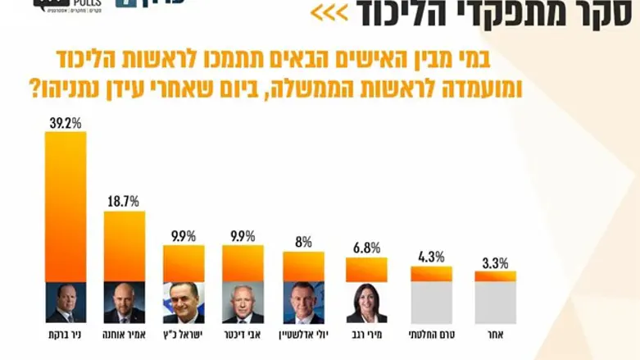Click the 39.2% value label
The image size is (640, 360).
66,122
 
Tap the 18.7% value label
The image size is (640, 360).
125,201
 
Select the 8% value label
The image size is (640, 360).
304,242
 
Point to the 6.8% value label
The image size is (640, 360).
365,248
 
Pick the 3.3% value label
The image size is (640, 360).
494,262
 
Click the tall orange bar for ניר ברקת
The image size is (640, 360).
66,205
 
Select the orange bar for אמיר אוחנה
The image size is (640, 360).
125,246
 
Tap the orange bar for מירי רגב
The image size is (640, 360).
365,270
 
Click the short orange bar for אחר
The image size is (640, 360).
495,276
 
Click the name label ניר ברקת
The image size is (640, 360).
66,335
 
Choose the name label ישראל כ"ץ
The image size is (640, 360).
184,335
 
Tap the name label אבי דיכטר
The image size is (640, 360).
243,335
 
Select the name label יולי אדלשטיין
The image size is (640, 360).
304,335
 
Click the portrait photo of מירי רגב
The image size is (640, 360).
365,303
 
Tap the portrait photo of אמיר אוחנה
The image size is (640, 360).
125,303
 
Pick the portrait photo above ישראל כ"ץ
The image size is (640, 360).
184,303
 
